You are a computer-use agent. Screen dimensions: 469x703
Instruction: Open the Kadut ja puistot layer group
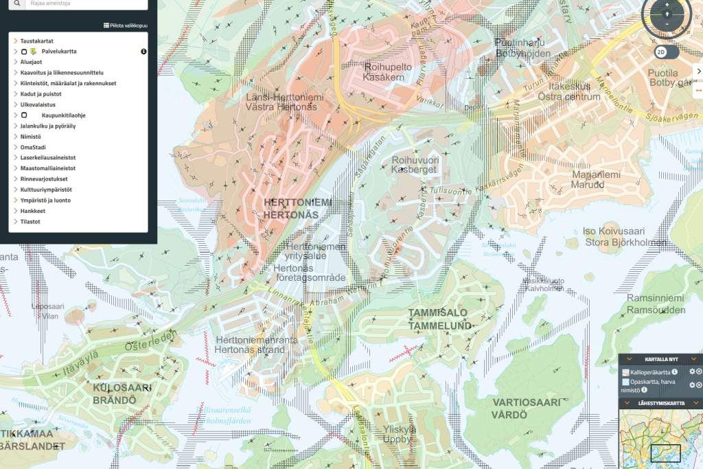tap(41, 94)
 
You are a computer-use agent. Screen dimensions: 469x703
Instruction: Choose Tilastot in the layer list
tap(30, 222)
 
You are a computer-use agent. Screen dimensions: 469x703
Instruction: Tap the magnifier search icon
tap(16, 3)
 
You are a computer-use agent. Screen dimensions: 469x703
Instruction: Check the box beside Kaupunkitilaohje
tap(24, 115)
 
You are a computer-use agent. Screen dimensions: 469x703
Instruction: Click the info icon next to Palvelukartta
tap(143, 52)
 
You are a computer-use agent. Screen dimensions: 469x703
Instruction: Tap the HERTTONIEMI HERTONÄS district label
tap(297, 208)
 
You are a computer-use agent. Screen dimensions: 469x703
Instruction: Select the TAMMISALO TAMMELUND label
tap(440, 319)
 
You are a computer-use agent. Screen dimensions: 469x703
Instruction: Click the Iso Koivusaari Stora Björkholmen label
tap(625, 237)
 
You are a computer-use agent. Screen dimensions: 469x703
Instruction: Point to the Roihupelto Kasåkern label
tap(389, 73)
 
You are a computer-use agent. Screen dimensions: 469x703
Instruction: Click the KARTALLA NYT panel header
tap(660, 359)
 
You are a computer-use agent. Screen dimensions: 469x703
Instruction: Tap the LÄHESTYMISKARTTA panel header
tap(660, 403)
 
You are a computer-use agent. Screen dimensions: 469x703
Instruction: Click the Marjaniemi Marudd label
tap(596, 179)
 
